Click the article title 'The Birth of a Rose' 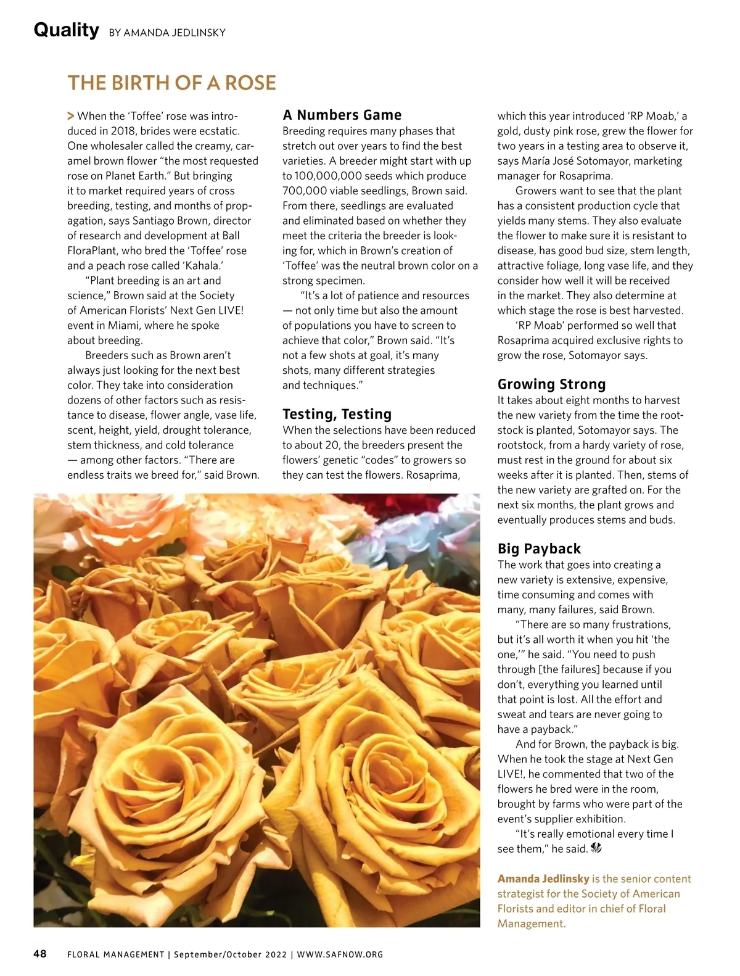pyautogui.click(x=171, y=83)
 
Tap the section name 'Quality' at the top pyautogui.click(x=66, y=30)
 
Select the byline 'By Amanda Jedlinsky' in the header pyautogui.click(x=167, y=33)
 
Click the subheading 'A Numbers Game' pyautogui.click(x=342, y=115)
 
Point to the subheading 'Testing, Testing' pyautogui.click(x=337, y=414)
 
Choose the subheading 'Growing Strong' pyautogui.click(x=551, y=384)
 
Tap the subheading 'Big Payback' pyautogui.click(x=539, y=548)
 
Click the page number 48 pyautogui.click(x=39, y=954)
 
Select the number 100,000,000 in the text pyautogui.click(x=327, y=176)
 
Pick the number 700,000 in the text pyautogui.click(x=305, y=191)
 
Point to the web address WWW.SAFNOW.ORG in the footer pyautogui.click(x=340, y=954)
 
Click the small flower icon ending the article pyautogui.click(x=596, y=848)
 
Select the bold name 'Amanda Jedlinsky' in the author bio pyautogui.click(x=543, y=879)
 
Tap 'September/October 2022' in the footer pyautogui.click(x=230, y=954)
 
